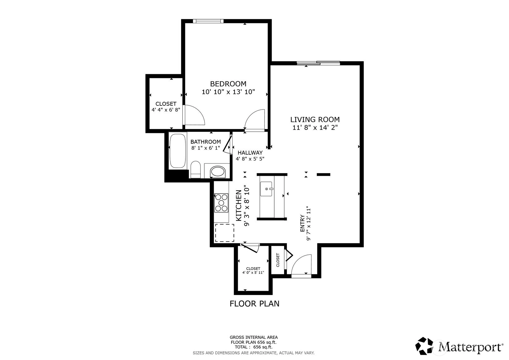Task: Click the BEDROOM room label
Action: (x=228, y=84)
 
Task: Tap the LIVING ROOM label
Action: (x=315, y=119)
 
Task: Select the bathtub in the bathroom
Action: (x=177, y=151)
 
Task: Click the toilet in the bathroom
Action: (x=195, y=169)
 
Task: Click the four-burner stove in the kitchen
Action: (x=221, y=203)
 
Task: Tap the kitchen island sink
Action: (x=266, y=189)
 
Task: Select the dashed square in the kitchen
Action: (x=224, y=233)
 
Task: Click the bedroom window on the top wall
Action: (x=208, y=21)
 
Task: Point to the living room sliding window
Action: (x=318, y=63)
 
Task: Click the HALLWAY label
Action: (x=250, y=152)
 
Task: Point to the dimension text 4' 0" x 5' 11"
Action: (x=253, y=272)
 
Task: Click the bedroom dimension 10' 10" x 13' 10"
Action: (x=228, y=92)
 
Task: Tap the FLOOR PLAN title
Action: (x=254, y=304)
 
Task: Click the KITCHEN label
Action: (x=239, y=206)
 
